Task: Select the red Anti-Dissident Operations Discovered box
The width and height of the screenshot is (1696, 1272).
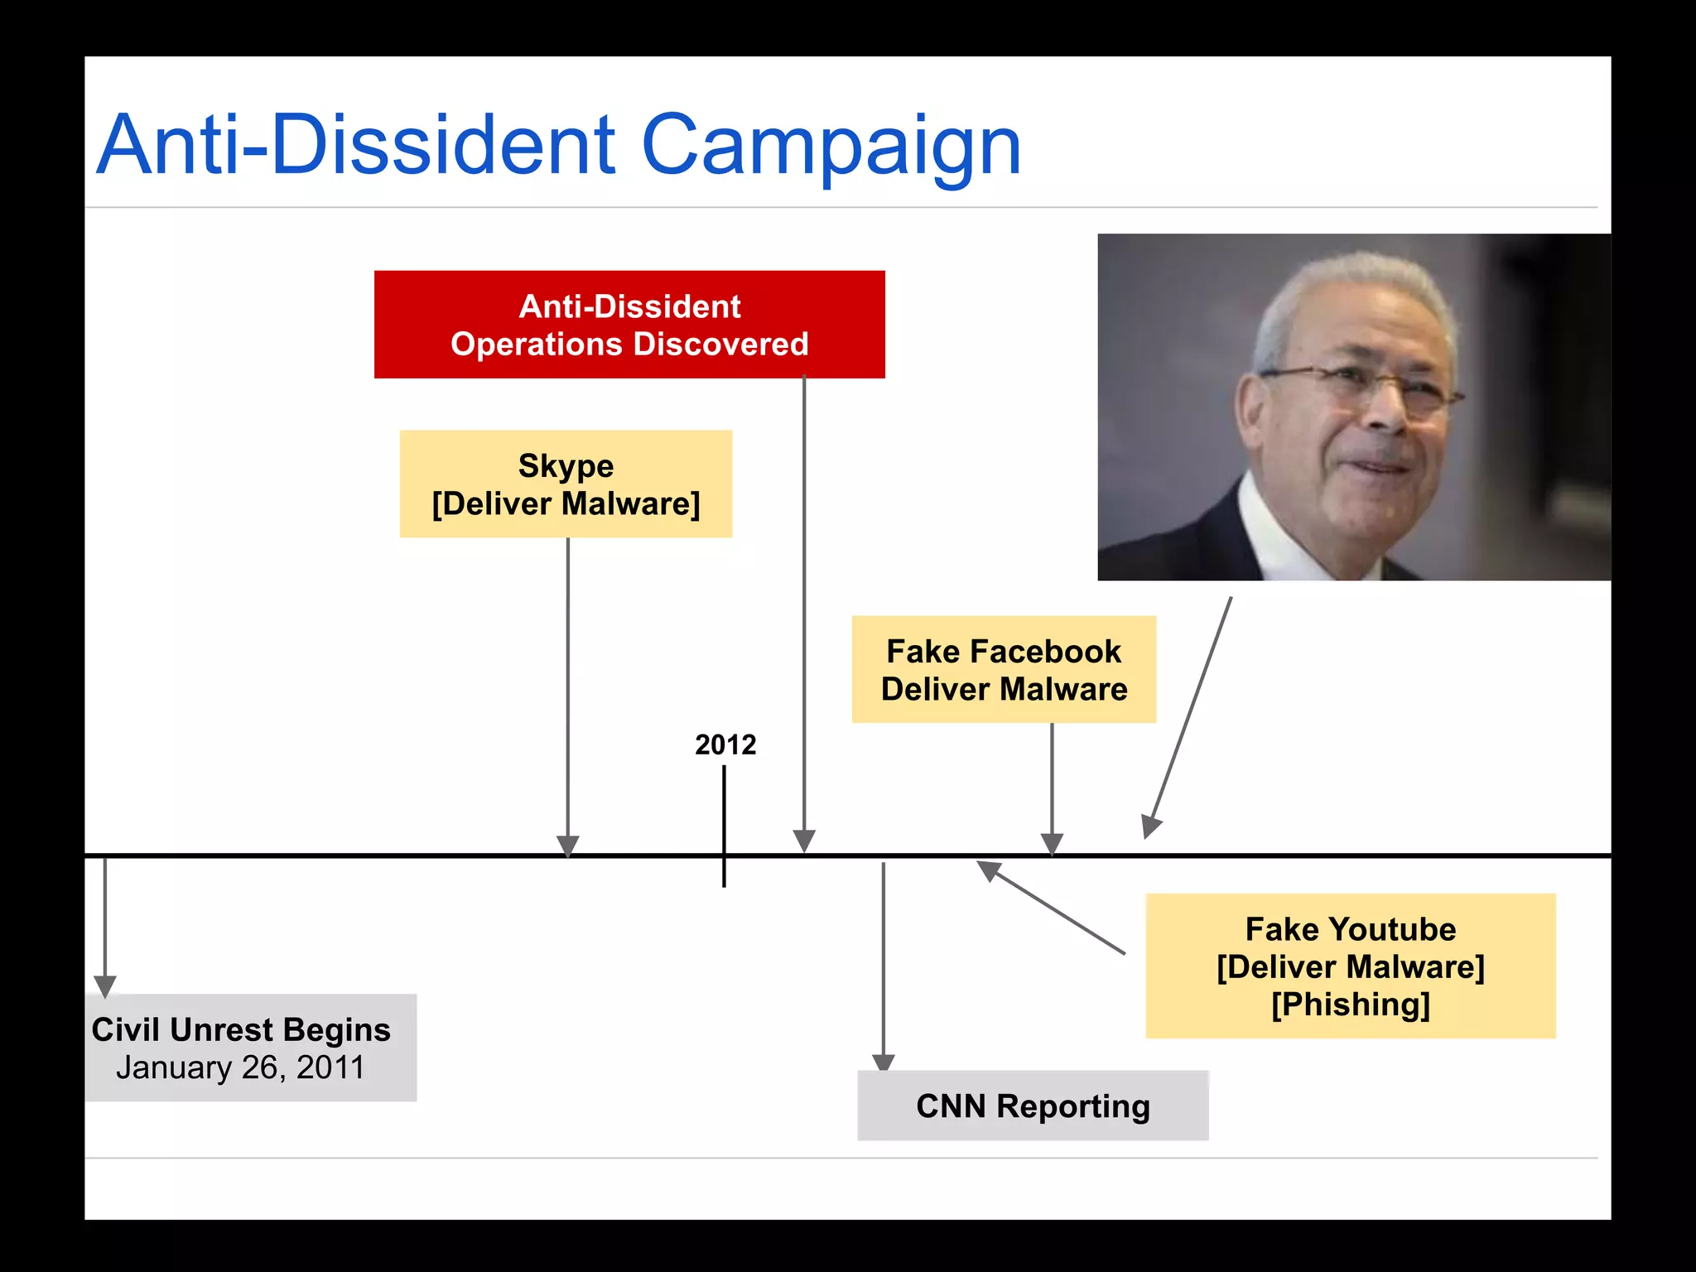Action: click(629, 324)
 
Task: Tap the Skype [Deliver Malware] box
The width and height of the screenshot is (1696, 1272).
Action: click(566, 484)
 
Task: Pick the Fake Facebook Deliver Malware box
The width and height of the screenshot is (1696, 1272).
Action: click(1004, 669)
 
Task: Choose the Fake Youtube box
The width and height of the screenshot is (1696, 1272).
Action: click(1350, 966)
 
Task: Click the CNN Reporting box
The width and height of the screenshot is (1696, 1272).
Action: click(1033, 1106)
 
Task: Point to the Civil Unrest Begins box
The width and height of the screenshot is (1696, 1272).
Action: click(250, 1048)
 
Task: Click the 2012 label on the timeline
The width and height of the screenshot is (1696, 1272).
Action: click(725, 744)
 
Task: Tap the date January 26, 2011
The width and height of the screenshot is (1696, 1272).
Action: click(240, 1067)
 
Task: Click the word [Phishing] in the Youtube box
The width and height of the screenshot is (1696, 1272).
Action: click(1351, 1005)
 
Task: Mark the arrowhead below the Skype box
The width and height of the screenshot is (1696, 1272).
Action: click(568, 846)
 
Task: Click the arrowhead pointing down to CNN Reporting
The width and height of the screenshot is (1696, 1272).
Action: click(884, 1062)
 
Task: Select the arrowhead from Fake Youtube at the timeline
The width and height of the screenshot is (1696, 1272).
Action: click(989, 870)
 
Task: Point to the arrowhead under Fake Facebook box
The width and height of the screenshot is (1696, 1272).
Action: click(1052, 844)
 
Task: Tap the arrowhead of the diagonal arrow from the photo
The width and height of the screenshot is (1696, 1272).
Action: click(1150, 826)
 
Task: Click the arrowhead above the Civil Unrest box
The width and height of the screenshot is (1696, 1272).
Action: click(105, 985)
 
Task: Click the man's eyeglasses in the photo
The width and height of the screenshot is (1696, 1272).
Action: click(1358, 383)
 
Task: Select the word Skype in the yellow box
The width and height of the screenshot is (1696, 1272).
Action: click(566, 465)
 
